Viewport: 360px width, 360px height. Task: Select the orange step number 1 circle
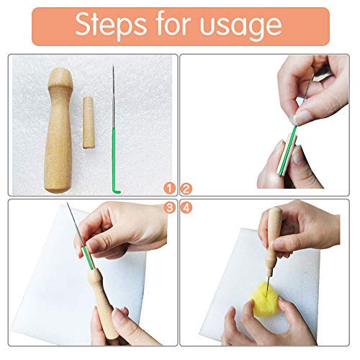169,190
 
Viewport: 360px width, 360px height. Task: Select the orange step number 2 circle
186,190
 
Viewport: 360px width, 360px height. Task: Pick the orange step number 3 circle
169,207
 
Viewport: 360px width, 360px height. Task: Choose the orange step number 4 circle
186,207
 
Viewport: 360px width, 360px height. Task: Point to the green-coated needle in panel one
114,144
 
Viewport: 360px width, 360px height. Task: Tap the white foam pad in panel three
43,288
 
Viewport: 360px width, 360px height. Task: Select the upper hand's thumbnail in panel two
302,117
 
